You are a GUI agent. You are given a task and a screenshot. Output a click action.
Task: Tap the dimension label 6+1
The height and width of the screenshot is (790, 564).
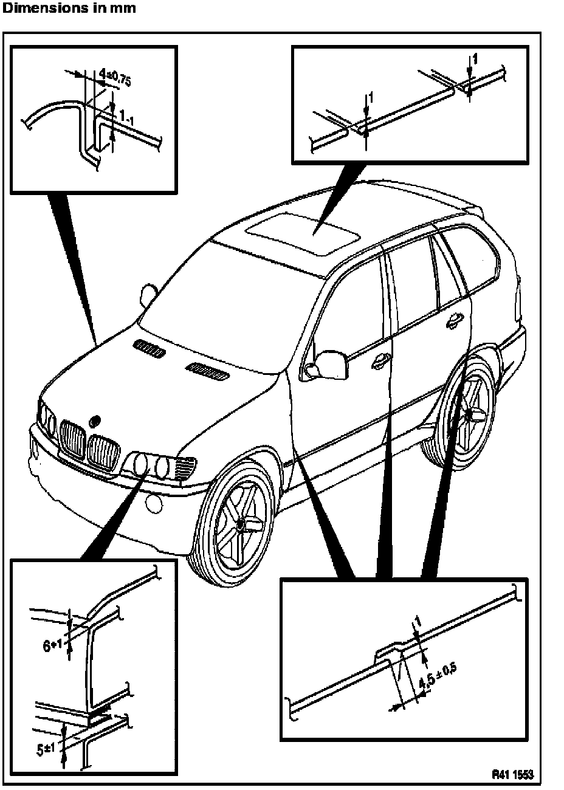[x=54, y=645]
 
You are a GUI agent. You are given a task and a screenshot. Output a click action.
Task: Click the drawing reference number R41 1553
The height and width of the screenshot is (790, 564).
[x=512, y=774]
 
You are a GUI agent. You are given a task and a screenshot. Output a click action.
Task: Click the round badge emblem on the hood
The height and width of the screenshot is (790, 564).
[x=94, y=421]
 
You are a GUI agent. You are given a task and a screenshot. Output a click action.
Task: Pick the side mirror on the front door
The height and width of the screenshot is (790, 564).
[x=327, y=364]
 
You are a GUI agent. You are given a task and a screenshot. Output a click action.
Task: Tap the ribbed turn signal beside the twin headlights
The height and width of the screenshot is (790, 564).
[x=185, y=469]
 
